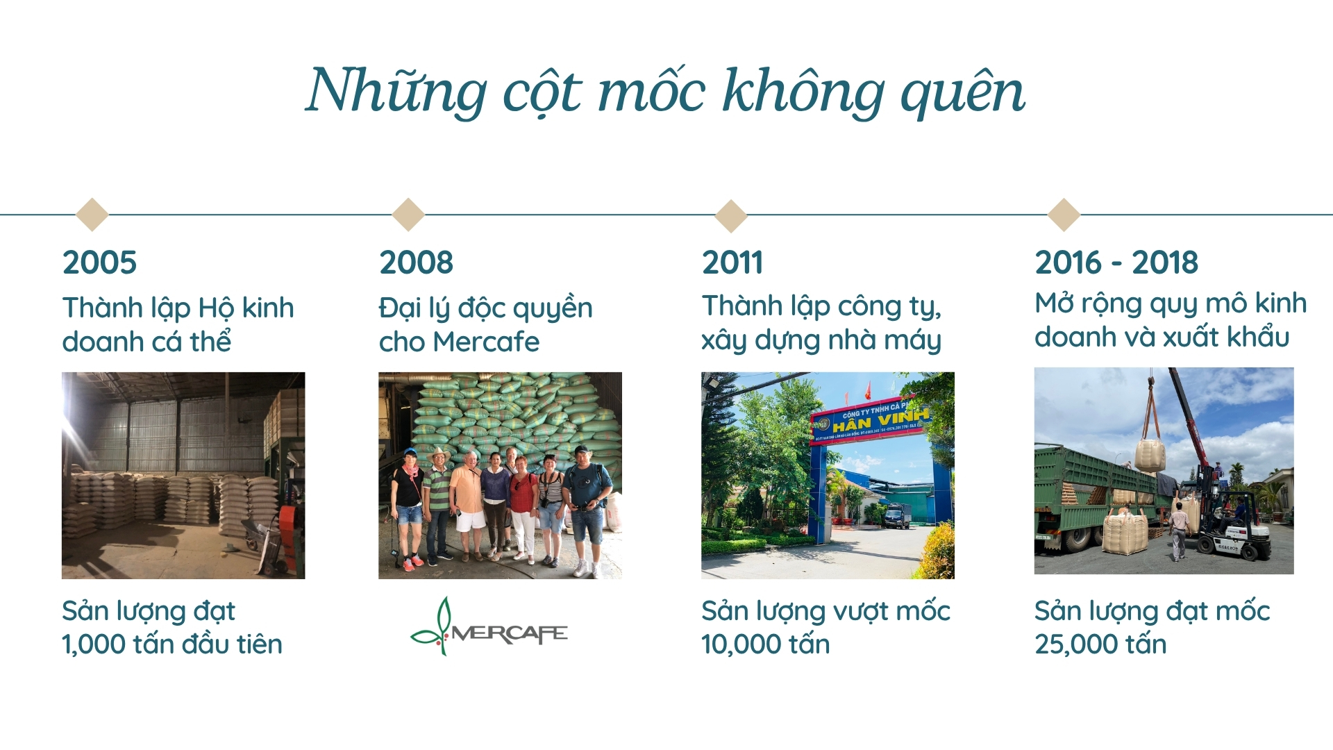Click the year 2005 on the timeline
[99, 262]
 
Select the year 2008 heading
[416, 262]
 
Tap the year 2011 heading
[732, 262]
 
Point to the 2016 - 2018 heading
[1116, 262]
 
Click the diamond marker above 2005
[92, 214]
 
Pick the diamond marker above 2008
[408, 214]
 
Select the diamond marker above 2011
[731, 215]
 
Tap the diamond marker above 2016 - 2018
[1064, 214]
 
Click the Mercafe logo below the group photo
[489, 626]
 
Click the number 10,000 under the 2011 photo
[736, 645]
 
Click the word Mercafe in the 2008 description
[486, 342]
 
